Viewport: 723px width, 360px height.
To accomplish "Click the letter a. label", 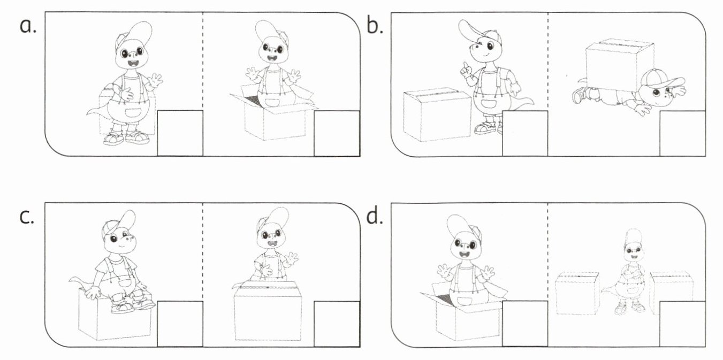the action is (x=28, y=26).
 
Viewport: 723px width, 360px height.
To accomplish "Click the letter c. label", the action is (x=27, y=217).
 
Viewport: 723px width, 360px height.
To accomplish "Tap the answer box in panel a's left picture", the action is (x=180, y=133).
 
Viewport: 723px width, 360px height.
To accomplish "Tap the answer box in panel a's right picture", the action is (x=337, y=133).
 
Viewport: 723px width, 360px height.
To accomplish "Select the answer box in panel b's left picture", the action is (x=525, y=133).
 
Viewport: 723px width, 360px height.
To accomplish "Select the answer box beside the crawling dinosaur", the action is (x=683, y=133).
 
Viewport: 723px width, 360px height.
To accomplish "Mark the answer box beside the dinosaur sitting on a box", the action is (x=180, y=324).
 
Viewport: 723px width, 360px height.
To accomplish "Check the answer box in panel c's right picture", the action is (x=337, y=324).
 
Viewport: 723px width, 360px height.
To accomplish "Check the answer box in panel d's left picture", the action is (x=525, y=324).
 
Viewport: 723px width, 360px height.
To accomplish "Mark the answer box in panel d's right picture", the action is (x=683, y=324).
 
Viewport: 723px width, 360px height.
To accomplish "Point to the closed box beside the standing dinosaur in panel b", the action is (x=437, y=114).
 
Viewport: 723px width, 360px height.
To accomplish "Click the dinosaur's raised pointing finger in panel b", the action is (x=464, y=67).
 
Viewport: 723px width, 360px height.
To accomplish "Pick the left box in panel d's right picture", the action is (x=577, y=293).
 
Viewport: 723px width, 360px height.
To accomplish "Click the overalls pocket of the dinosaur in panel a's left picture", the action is (x=132, y=113).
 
